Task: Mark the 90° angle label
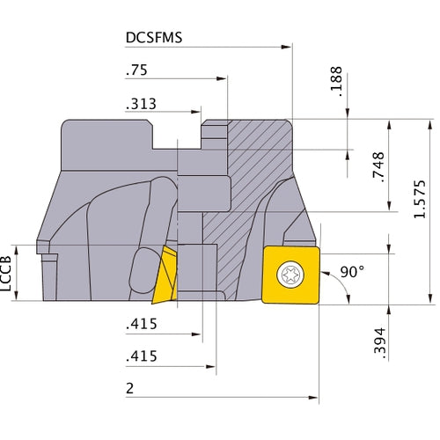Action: tap(350, 273)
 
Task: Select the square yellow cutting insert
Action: tap(291, 274)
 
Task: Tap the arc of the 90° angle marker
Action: tap(338, 286)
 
